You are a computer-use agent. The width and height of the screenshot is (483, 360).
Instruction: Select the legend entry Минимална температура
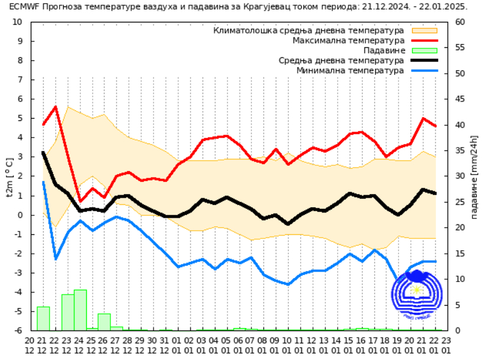(350, 70)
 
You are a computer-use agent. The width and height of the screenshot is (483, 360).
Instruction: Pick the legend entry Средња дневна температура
(341, 60)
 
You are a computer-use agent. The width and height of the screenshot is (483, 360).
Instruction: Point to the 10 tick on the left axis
(17, 22)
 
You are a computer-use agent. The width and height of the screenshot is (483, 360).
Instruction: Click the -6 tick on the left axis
(17, 330)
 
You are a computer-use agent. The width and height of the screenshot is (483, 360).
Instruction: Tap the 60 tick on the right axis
(460, 22)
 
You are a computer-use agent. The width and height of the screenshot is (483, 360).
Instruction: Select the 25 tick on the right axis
(460, 202)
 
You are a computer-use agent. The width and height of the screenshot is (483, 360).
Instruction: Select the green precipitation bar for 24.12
(80, 310)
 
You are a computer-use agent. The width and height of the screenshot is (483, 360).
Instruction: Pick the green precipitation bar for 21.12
(43, 319)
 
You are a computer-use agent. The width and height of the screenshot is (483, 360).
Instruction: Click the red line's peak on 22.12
(56, 107)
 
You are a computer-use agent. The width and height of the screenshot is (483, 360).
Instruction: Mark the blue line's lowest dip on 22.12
(56, 258)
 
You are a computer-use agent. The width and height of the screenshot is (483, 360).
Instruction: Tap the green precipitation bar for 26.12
(105, 322)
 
